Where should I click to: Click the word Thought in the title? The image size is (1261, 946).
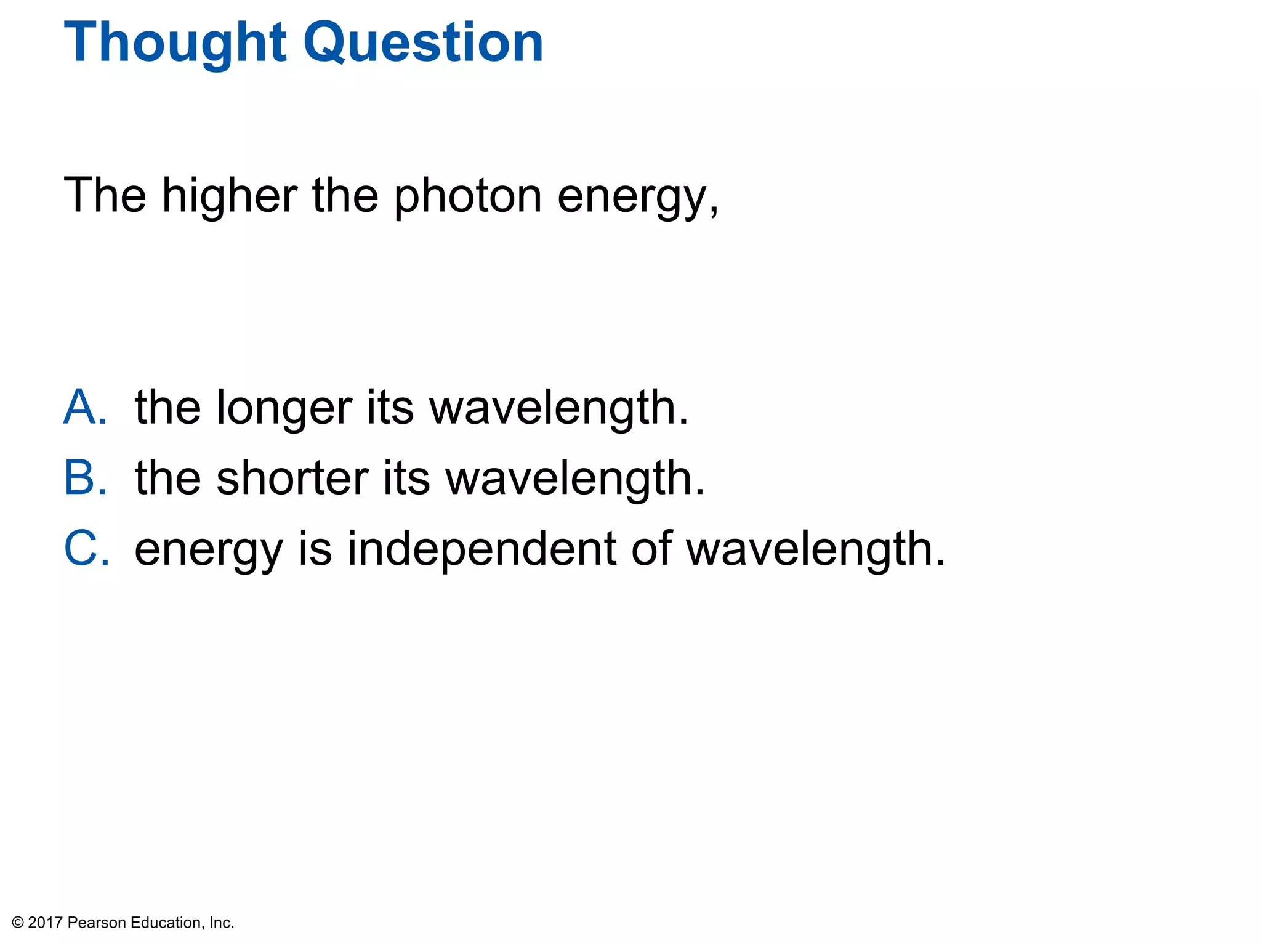[175, 43]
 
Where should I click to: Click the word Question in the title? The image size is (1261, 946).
[424, 43]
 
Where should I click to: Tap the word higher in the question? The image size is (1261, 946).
[230, 195]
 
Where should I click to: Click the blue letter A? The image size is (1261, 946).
[85, 407]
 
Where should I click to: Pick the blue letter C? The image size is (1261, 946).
[86, 548]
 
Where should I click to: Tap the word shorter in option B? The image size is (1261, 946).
[292, 479]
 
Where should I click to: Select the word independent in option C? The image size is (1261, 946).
[481, 549]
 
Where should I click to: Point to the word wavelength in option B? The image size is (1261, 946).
[575, 479]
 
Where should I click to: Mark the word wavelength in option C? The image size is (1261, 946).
[815, 549]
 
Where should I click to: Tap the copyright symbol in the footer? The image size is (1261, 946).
[18, 923]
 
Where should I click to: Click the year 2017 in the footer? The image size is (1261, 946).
[46, 923]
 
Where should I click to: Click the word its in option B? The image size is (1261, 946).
[406, 479]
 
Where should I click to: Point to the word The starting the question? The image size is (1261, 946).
[105, 195]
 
